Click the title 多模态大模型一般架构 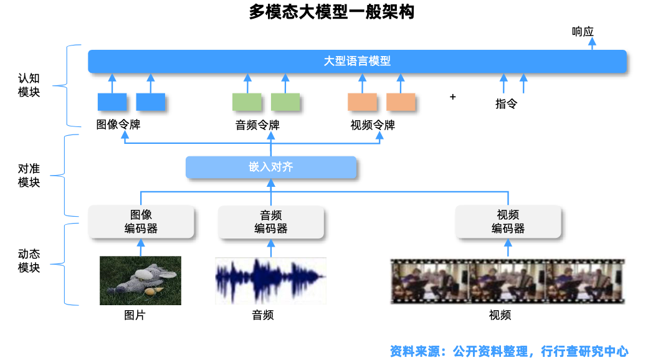(326, 12)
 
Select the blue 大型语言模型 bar (357, 61)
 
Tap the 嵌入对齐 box (271, 167)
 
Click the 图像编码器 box (141, 222)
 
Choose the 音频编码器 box (271, 222)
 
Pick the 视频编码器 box (508, 222)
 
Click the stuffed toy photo (141, 280)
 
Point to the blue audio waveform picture (270, 280)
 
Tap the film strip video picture (507, 280)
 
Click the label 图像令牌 (118, 125)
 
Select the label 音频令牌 (257, 125)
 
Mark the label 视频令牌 (373, 125)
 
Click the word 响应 (583, 31)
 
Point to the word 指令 (506, 104)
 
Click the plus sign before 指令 (453, 97)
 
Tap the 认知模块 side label (29, 85)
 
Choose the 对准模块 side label (29, 175)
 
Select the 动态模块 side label (29, 261)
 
